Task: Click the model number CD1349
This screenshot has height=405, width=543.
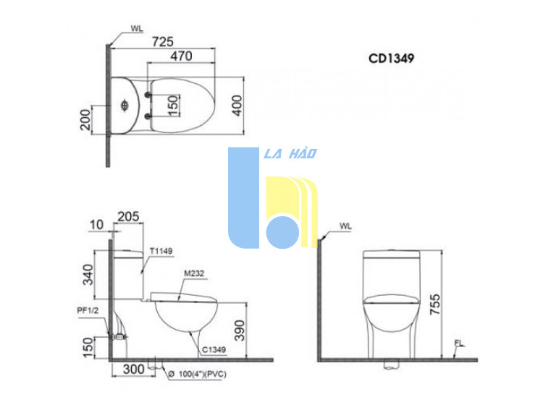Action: pyautogui.click(x=391, y=58)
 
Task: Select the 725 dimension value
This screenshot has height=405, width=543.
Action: pyautogui.click(x=162, y=42)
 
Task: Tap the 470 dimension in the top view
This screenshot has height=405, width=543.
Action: pyautogui.click(x=181, y=56)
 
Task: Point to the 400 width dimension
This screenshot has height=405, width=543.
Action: pyautogui.click(x=237, y=106)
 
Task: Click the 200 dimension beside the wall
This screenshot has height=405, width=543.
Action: pyautogui.click(x=85, y=119)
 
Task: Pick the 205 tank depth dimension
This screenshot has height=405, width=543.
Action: pyautogui.click(x=128, y=216)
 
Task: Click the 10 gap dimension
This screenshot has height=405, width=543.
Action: pyautogui.click(x=96, y=225)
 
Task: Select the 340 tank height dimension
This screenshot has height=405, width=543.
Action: pyautogui.click(x=88, y=275)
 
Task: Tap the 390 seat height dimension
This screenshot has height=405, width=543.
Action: pyautogui.click(x=240, y=331)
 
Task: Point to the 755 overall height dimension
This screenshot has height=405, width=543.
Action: pyautogui.click(x=435, y=304)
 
